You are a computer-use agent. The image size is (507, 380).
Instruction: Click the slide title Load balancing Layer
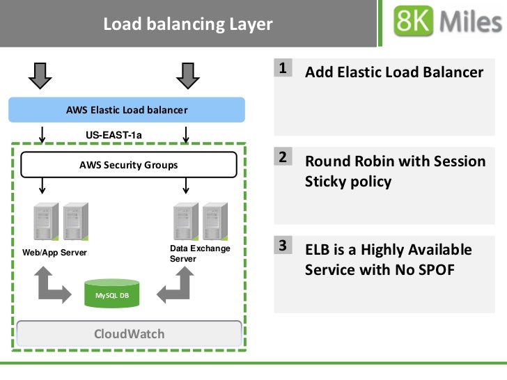click(x=188, y=24)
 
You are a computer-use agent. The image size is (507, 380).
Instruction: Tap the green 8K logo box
click(x=413, y=21)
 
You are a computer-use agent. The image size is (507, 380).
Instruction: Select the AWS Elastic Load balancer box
click(x=127, y=110)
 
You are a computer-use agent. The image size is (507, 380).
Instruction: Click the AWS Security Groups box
click(x=129, y=165)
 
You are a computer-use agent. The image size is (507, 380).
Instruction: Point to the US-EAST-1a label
click(x=114, y=135)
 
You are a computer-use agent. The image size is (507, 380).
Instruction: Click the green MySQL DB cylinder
click(x=112, y=293)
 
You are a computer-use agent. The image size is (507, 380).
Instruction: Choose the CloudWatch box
click(x=129, y=334)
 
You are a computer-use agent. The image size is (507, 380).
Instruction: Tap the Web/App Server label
click(x=54, y=253)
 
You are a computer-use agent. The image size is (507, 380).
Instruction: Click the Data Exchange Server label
click(x=200, y=253)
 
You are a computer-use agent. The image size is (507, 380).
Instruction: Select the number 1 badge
click(x=283, y=68)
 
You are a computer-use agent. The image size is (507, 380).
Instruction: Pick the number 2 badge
click(x=283, y=157)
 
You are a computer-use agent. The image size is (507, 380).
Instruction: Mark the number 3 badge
click(x=283, y=245)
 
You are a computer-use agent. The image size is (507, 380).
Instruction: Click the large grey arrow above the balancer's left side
click(x=40, y=76)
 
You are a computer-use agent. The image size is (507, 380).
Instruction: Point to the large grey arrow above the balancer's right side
click(x=188, y=76)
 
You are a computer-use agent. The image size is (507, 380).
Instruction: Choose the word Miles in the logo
click(x=471, y=22)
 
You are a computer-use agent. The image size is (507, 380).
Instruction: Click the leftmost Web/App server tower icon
click(x=46, y=221)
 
